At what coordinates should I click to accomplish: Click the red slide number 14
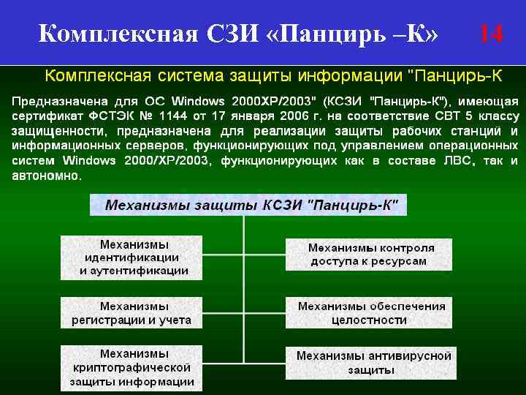point(491,33)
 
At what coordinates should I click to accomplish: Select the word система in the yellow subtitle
point(191,75)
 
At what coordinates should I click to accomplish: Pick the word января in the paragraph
point(251,116)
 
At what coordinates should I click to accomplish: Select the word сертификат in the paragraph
point(42,116)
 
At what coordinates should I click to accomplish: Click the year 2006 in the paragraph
point(292,116)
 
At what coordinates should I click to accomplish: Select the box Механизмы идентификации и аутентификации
point(134,257)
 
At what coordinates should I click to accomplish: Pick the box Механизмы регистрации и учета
point(131,312)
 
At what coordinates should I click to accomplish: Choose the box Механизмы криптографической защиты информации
point(131,368)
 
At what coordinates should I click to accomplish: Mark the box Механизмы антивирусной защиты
point(373,363)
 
